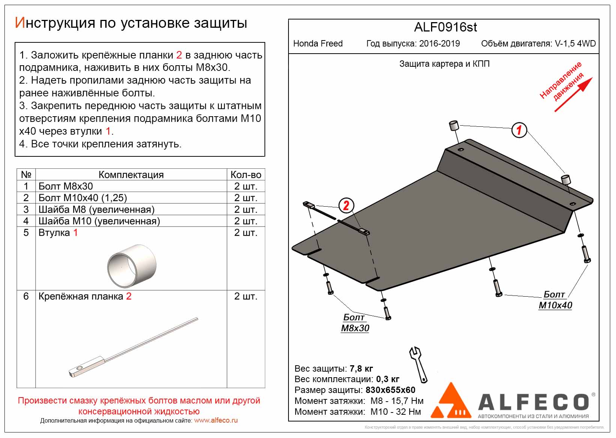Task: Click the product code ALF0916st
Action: pos(445,27)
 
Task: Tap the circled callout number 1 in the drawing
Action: pos(519,130)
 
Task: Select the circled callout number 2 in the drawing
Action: pos(346,205)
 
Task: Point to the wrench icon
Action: pos(418,364)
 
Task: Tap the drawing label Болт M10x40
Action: pos(555,300)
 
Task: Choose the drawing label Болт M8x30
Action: pos(355,323)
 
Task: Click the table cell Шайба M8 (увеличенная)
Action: pos(96,209)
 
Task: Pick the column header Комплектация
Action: pos(131,175)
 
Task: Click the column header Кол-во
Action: pos(246,175)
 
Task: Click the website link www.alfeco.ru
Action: pos(216,420)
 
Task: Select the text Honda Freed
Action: pos(318,43)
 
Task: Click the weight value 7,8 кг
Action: pos(361,369)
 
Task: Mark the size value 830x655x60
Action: pos(390,390)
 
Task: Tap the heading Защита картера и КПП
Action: pos(444,64)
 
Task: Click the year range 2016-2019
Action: pos(439,43)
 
